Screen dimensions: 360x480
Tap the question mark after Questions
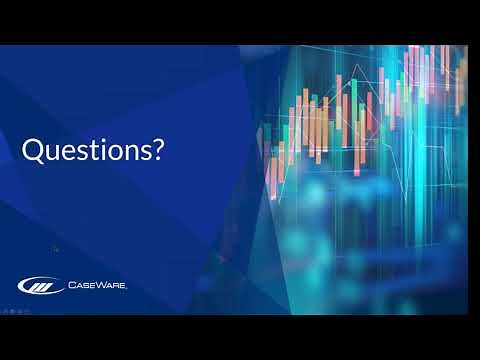(x=158, y=151)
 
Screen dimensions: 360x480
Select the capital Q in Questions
(x=33, y=151)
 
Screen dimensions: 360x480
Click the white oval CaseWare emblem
(x=39, y=286)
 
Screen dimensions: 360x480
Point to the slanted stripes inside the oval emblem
(x=39, y=286)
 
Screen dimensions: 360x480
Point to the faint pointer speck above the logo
(x=55, y=249)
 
